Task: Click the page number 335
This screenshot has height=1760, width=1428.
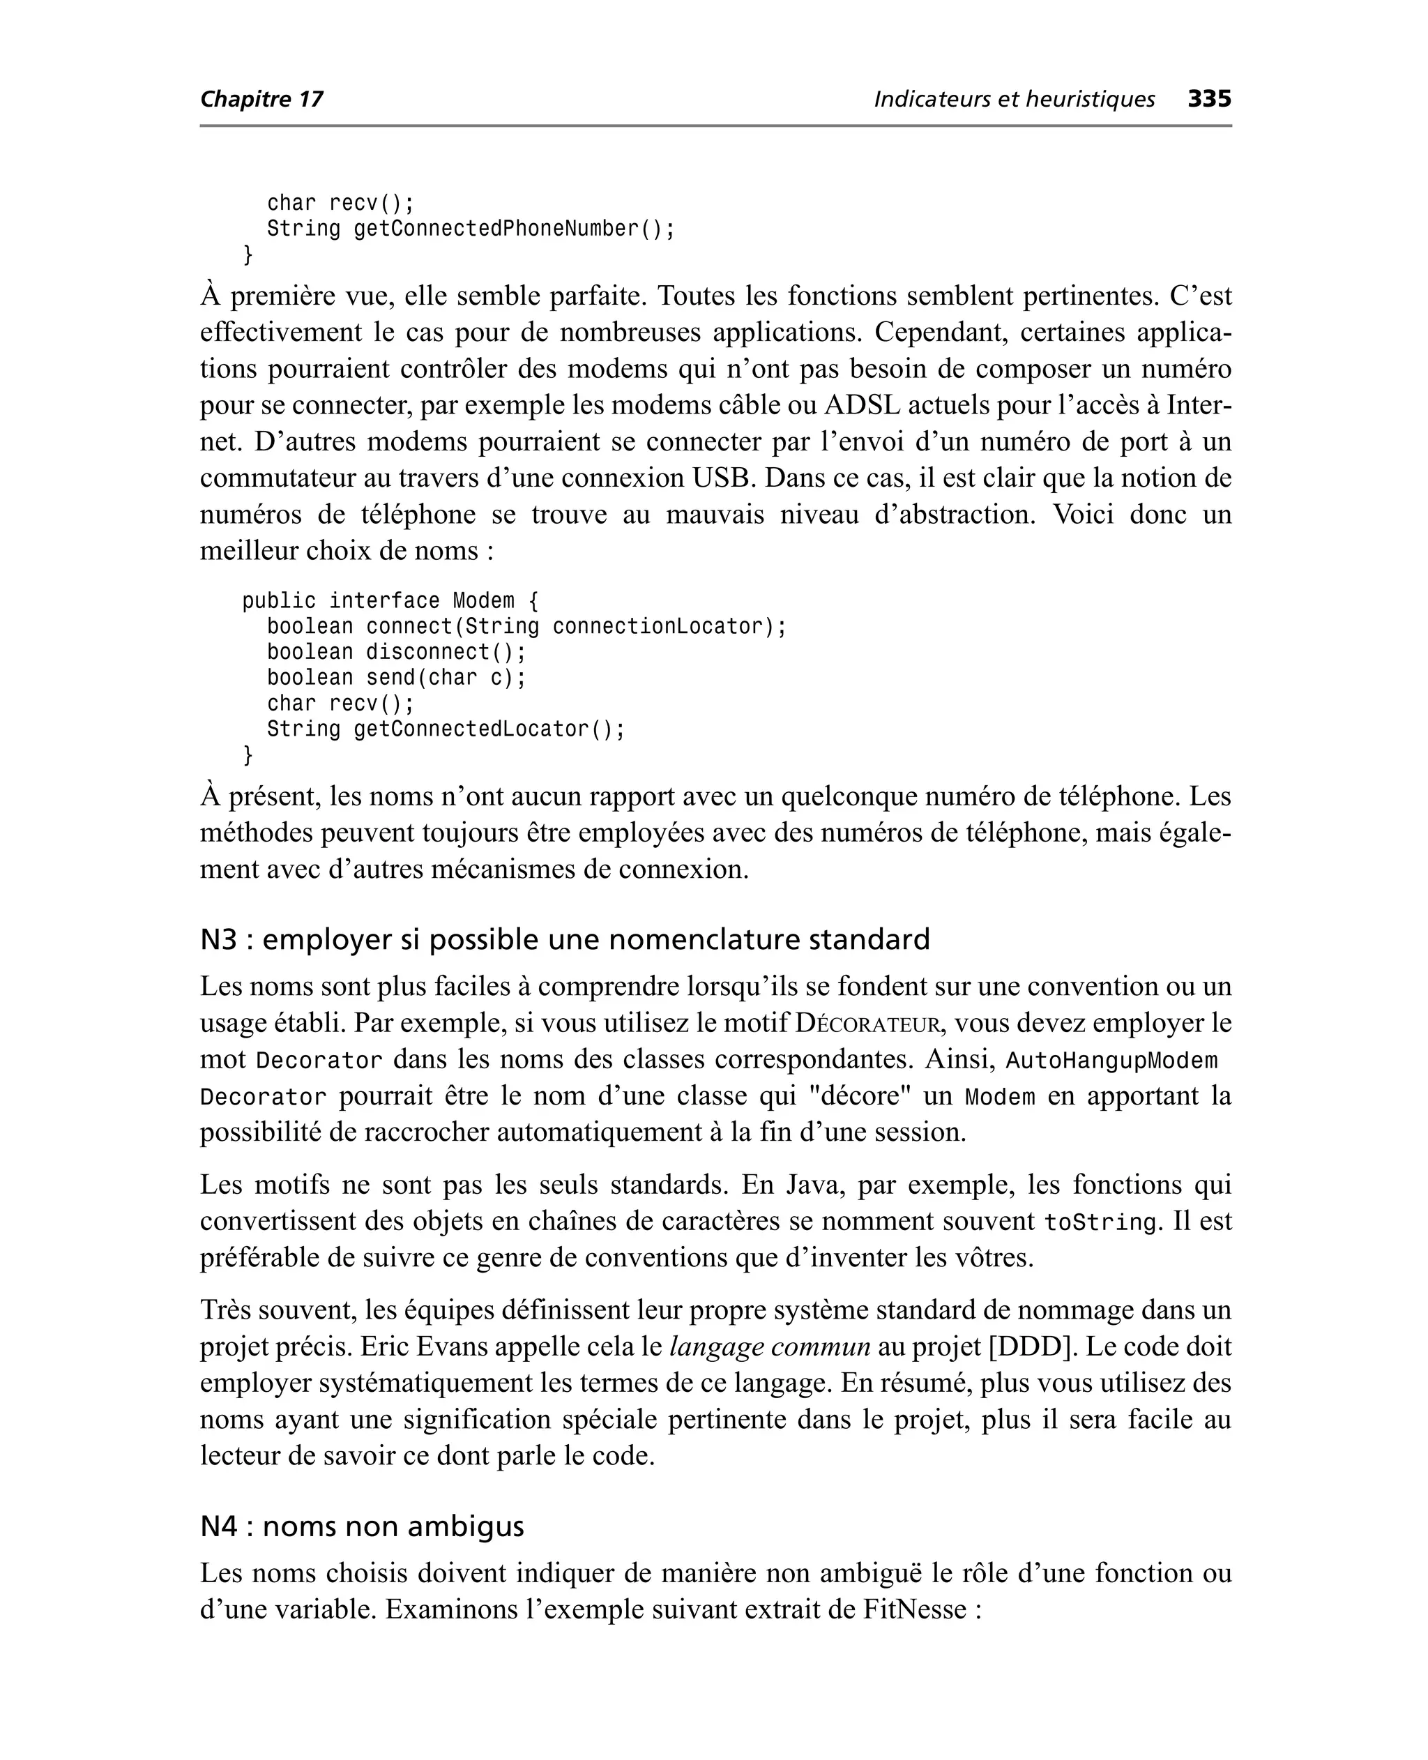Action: [1209, 99]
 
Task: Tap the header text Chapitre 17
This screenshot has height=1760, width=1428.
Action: [261, 100]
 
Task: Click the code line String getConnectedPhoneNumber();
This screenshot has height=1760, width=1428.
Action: [471, 229]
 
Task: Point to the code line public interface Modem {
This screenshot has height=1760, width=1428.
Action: [390, 601]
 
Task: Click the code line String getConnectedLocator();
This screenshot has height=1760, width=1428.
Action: [446, 729]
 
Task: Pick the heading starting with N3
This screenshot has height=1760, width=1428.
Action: [564, 939]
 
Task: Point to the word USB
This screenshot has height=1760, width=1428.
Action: [724, 478]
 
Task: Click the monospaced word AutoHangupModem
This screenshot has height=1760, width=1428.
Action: [1111, 1061]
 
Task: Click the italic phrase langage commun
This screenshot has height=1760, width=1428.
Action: [770, 1346]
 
